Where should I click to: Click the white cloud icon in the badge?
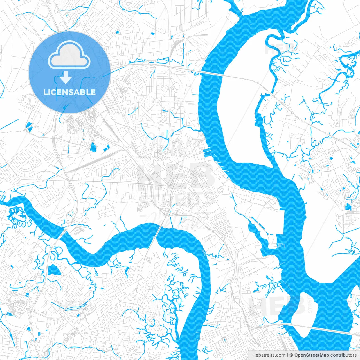69,55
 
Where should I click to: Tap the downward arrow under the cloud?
66,77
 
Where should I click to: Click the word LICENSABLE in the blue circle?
69,92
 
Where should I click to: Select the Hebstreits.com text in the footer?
269,355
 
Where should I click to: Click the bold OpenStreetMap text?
312,355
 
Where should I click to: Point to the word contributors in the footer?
343,355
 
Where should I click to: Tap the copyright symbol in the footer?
291,355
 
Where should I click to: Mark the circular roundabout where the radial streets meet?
157,101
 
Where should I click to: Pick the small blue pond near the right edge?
348,207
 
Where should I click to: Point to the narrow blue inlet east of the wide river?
260,118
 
